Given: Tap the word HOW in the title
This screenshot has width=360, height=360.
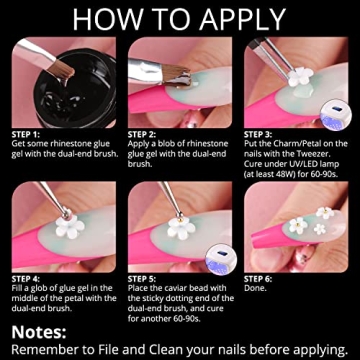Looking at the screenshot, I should click(106, 19).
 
